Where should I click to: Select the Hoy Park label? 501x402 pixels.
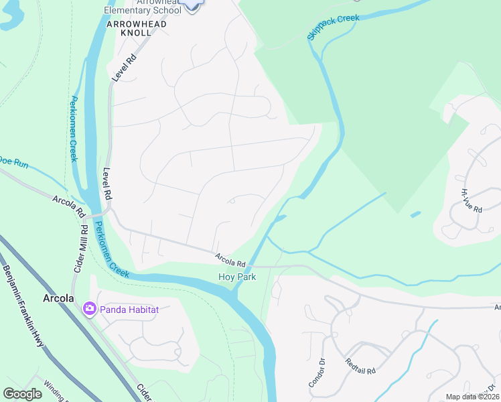pos(233,277)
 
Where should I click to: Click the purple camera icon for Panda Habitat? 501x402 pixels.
pos(89,309)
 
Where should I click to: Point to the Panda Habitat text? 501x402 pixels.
pos(125,309)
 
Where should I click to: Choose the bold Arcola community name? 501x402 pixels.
pos(58,298)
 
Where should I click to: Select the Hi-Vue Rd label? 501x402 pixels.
pos(472,200)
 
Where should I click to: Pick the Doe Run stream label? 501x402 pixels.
pos(13,161)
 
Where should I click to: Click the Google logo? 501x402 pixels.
pos(22,394)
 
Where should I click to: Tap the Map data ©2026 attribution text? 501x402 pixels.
pos(472,397)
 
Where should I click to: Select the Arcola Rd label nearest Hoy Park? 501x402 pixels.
pos(230,259)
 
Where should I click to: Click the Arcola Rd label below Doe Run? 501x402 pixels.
pos(69,205)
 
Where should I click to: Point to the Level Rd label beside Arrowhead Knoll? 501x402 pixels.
pos(124,68)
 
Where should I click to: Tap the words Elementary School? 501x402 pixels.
pos(142,10)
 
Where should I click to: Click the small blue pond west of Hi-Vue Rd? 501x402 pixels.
pos(416,214)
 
